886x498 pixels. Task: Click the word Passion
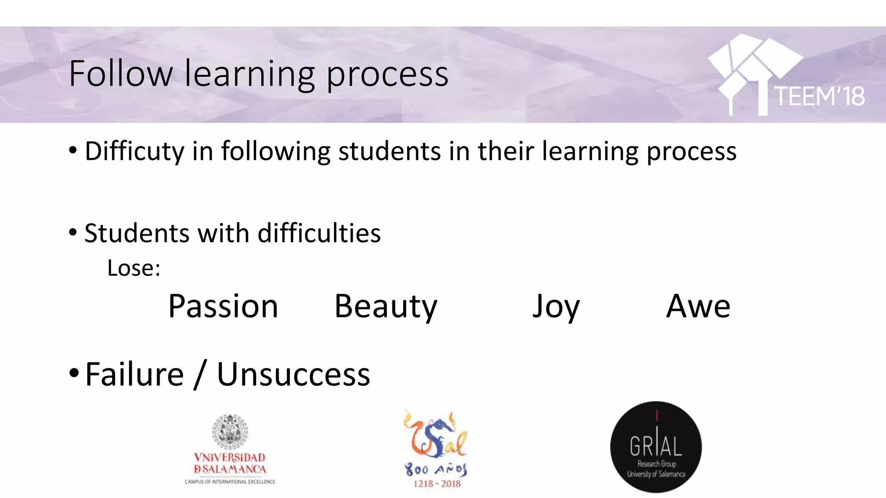point(223,306)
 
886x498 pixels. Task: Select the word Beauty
point(385,306)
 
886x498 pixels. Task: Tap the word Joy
point(555,306)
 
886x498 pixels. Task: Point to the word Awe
point(698,306)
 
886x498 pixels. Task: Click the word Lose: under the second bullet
point(134,268)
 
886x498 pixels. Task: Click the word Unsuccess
point(293,374)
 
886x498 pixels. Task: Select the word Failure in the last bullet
point(135,374)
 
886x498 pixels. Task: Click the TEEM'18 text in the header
point(819,96)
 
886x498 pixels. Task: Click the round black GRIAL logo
point(656,447)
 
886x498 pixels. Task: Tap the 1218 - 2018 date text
point(437,484)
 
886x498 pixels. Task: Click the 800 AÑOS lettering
point(436,469)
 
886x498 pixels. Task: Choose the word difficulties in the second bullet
point(319,233)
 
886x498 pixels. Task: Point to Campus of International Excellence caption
point(230,482)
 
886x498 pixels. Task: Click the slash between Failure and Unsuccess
point(199,374)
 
